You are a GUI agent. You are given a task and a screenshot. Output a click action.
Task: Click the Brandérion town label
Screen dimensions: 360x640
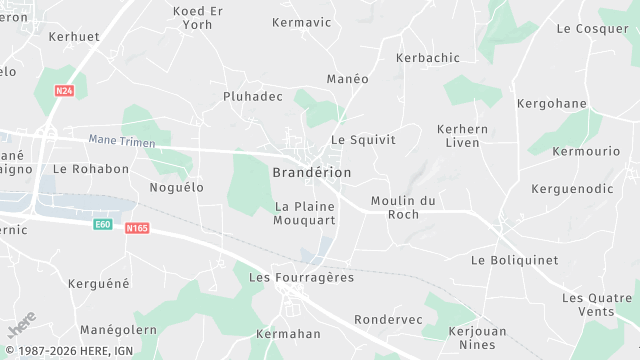[x=312, y=172]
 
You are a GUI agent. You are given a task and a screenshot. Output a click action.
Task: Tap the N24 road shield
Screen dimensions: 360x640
[x=64, y=91]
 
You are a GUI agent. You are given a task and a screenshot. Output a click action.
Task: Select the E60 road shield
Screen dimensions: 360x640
[x=102, y=224]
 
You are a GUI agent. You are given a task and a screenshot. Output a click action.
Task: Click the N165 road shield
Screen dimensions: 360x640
[x=138, y=228]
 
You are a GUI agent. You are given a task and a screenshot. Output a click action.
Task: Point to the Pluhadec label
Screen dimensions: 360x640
[x=252, y=97]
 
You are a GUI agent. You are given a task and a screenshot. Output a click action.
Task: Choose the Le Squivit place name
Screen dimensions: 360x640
[x=363, y=140]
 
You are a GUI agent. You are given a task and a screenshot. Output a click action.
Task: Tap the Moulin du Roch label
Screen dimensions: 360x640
[x=403, y=207]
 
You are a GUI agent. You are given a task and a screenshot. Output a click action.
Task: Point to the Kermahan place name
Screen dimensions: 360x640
[x=289, y=333]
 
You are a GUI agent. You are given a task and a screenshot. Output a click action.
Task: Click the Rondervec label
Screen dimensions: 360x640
[x=388, y=320]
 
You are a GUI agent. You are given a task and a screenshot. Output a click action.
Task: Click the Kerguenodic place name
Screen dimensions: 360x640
[x=572, y=188]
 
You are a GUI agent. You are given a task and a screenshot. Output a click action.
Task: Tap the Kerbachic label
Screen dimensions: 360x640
[x=428, y=58]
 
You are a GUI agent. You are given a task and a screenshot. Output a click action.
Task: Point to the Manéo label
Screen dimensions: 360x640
[x=348, y=78]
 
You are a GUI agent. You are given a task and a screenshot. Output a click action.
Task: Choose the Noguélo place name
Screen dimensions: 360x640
[x=176, y=187]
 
